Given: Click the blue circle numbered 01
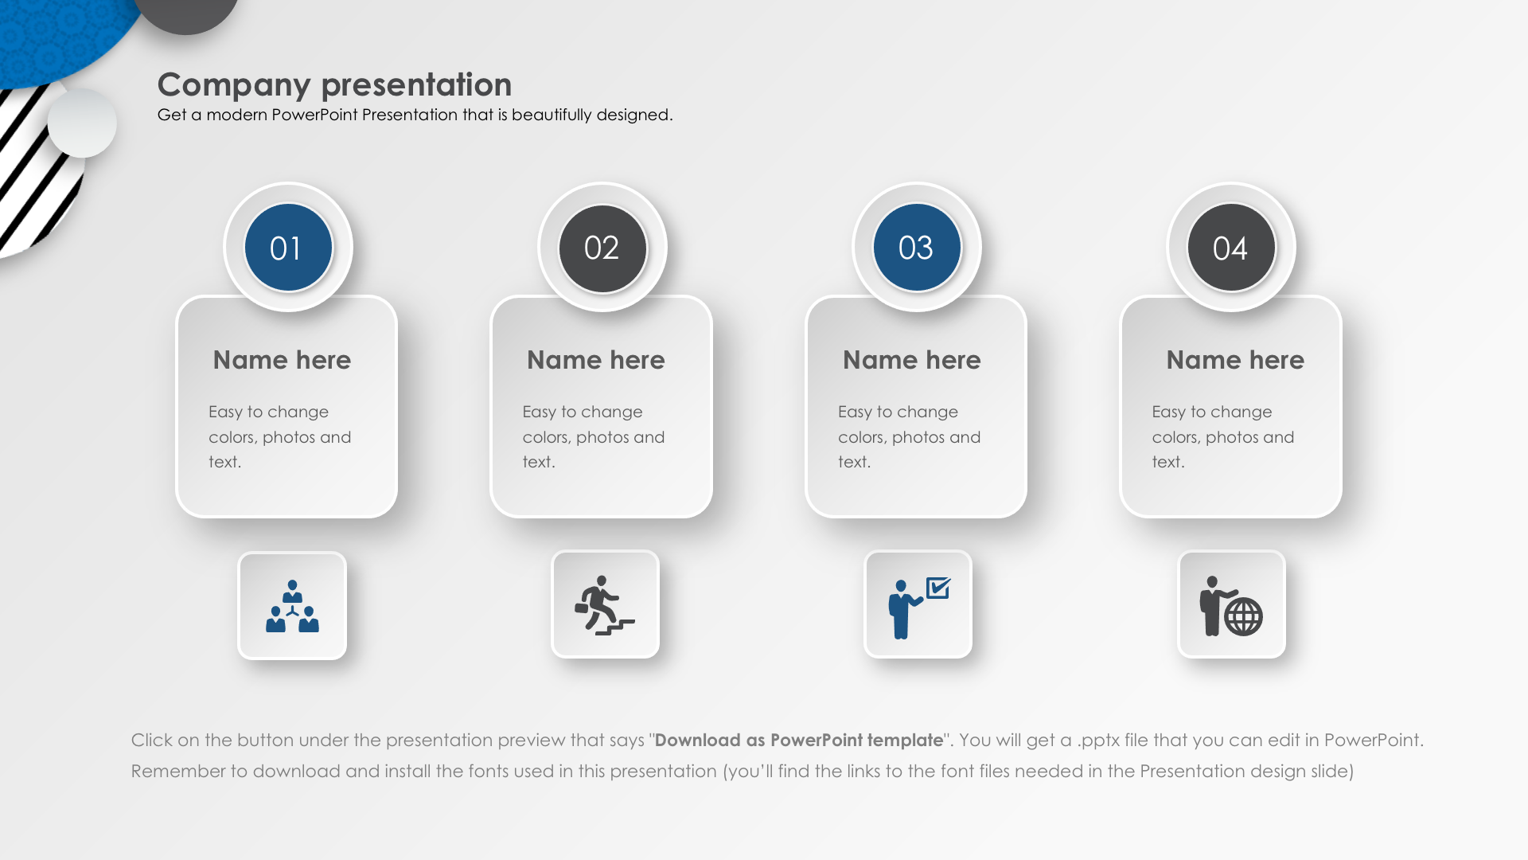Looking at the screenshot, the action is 288,248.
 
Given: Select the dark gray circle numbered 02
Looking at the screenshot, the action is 602,248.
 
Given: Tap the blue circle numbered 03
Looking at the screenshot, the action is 917,248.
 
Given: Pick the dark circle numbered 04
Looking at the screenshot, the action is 1231,248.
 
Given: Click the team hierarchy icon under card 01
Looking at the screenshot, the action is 292,606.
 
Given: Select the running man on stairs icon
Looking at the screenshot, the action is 605,605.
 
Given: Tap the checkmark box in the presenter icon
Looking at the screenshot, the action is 939,588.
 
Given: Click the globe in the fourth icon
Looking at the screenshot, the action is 1243,616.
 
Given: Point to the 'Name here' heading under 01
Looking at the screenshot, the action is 282,360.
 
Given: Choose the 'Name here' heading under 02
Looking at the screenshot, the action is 596,360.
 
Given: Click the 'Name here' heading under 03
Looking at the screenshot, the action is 912,360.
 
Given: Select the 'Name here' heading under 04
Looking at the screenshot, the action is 1235,360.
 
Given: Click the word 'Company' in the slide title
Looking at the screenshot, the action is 234,85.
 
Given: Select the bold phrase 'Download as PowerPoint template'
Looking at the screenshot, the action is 799,740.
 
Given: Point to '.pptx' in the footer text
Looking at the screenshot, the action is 1098,741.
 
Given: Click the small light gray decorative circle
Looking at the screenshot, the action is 82,123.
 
